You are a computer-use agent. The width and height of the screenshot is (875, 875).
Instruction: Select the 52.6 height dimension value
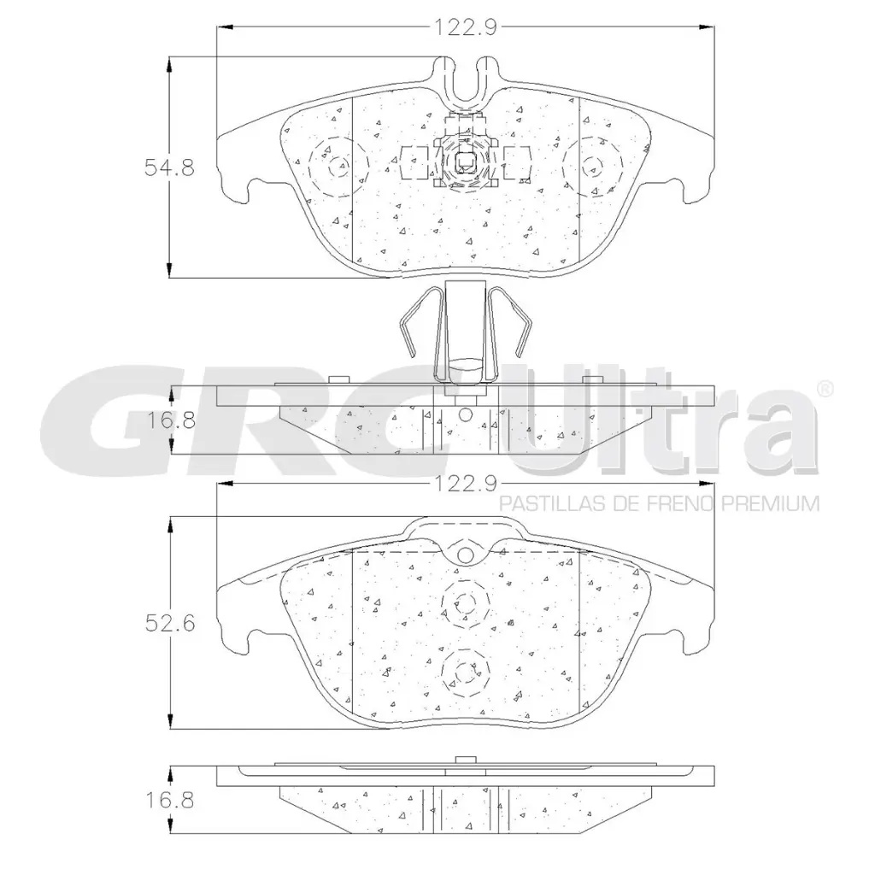coord(169,623)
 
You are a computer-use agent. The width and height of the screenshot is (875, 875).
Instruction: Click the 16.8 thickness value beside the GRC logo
coord(169,420)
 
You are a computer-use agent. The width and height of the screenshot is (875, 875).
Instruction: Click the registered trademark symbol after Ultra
coord(825,389)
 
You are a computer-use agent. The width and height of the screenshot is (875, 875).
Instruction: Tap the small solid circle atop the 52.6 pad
coord(465,556)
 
